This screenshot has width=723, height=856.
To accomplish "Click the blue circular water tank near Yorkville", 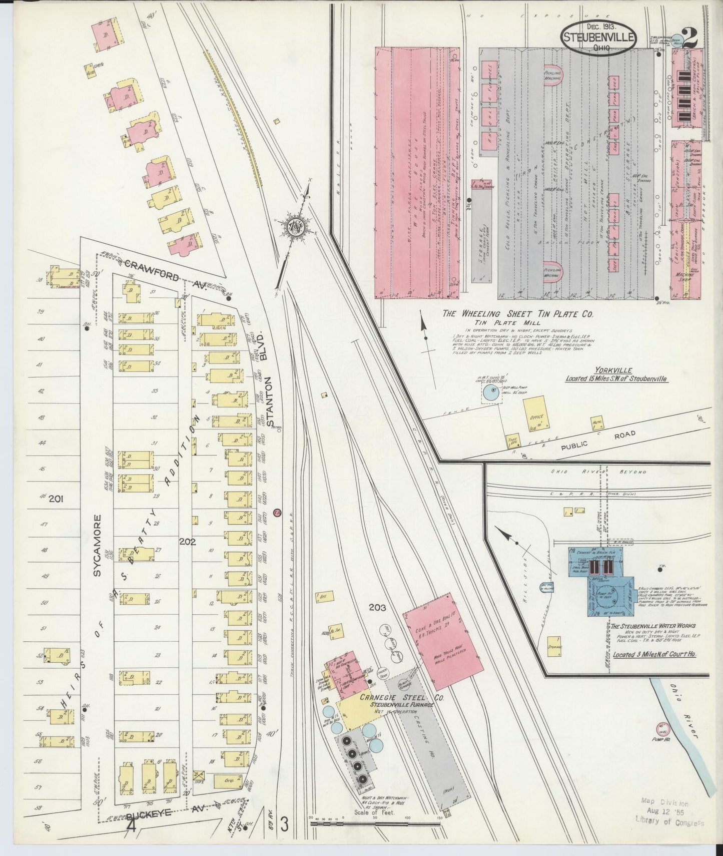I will pyautogui.click(x=491, y=395).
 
